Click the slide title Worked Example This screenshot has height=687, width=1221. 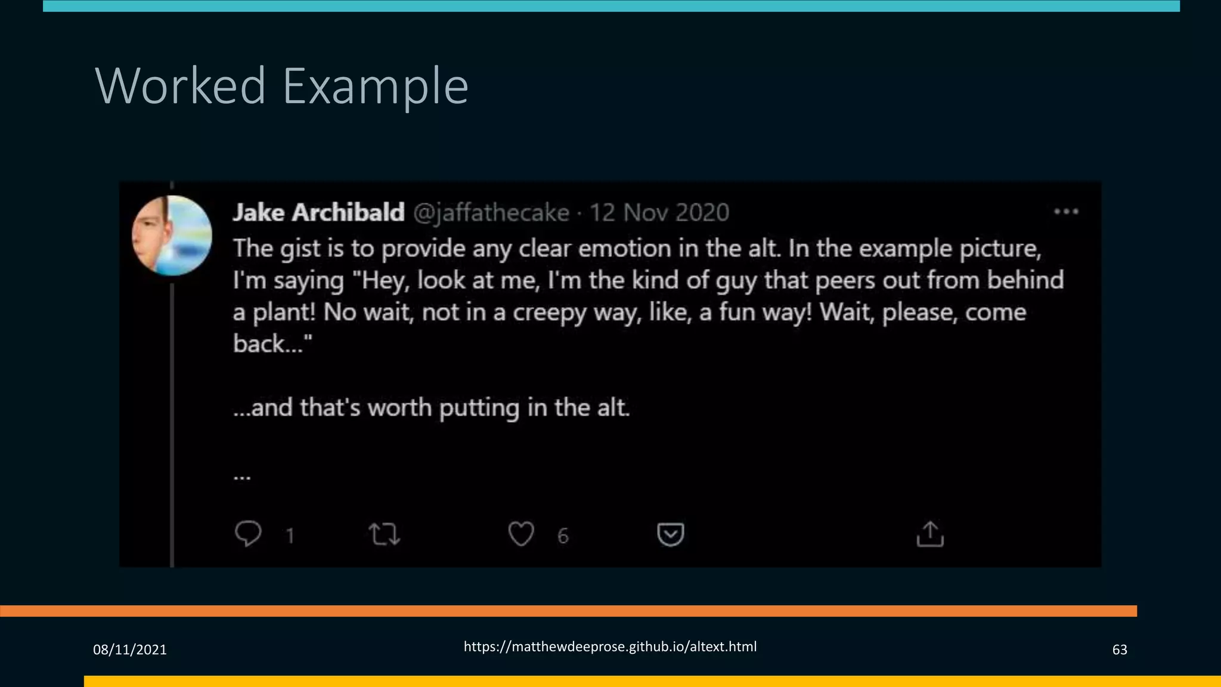(x=281, y=86)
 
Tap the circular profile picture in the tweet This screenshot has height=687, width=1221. (x=172, y=236)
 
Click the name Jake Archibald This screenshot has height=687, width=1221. (x=318, y=212)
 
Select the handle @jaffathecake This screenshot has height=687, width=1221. (x=491, y=212)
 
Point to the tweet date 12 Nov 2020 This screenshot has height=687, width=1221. (x=659, y=212)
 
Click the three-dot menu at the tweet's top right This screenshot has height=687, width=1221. (x=1066, y=212)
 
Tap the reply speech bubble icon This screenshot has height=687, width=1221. (x=248, y=533)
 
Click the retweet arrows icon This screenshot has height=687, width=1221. (x=385, y=534)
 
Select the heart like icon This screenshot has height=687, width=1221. (x=521, y=534)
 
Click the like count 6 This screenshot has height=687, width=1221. (x=563, y=536)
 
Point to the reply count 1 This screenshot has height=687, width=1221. (x=290, y=536)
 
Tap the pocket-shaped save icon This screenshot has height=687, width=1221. (x=670, y=534)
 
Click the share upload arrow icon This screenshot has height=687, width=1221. (x=930, y=534)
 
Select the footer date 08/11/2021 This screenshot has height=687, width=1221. (x=130, y=649)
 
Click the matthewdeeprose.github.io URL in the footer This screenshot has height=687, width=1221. (x=610, y=646)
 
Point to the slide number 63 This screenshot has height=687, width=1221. (x=1120, y=649)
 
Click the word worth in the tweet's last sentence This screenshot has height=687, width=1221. (x=399, y=408)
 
